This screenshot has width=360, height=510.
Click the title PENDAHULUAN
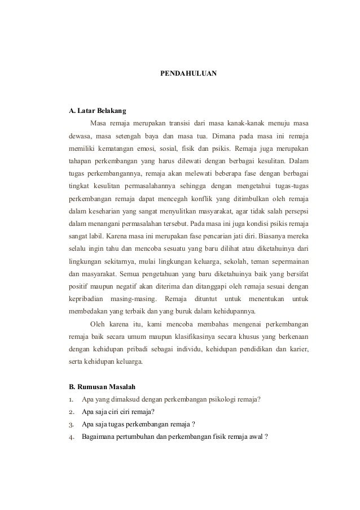(185, 74)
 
